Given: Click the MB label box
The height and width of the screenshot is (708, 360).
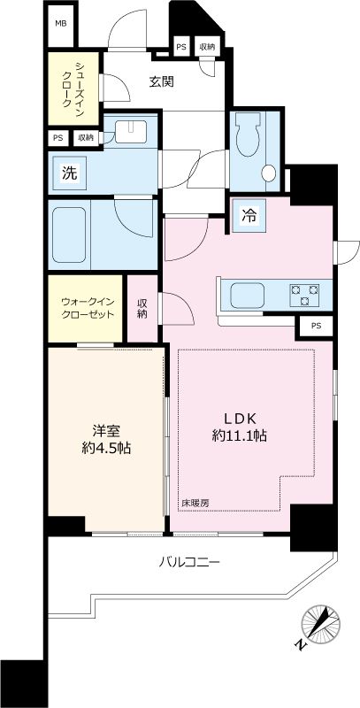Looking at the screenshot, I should [60, 23].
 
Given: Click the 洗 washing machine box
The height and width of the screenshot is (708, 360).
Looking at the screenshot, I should [68, 173].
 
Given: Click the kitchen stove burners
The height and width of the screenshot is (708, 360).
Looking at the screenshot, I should [305, 294].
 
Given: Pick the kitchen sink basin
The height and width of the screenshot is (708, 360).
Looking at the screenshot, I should [241, 293].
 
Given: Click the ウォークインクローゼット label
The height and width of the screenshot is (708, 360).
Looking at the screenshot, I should [87, 308].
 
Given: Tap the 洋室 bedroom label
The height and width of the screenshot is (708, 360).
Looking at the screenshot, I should [107, 431].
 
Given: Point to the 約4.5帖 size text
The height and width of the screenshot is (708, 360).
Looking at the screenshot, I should [107, 449].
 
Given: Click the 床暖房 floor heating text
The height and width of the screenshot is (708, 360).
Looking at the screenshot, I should [195, 504].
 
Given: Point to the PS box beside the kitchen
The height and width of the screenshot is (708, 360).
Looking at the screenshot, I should [316, 327].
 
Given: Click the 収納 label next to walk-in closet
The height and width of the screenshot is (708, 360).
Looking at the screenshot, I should [142, 309].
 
